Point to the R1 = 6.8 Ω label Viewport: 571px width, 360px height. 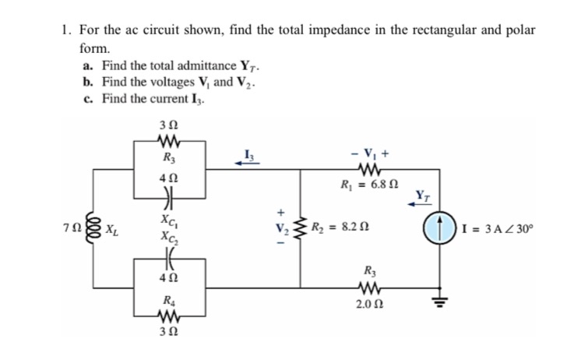365,186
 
